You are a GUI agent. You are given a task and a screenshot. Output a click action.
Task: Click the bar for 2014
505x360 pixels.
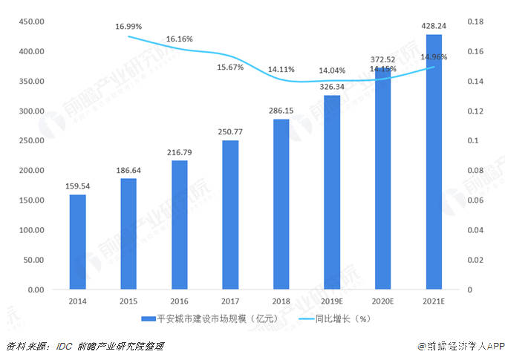click(77, 242)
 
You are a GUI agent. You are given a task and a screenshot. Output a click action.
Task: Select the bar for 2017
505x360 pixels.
click(230, 215)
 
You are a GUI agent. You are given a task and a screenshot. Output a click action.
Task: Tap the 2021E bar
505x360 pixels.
click(434, 162)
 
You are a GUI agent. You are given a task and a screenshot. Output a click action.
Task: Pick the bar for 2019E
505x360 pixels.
click(332, 192)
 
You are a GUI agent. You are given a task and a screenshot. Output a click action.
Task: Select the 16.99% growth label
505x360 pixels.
click(128, 27)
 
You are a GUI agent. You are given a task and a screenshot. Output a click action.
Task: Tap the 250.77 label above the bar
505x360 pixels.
click(230, 131)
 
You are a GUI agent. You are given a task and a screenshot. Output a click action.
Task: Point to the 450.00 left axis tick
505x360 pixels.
click(27, 22)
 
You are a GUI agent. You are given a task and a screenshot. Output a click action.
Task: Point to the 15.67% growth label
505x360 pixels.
click(230, 68)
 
